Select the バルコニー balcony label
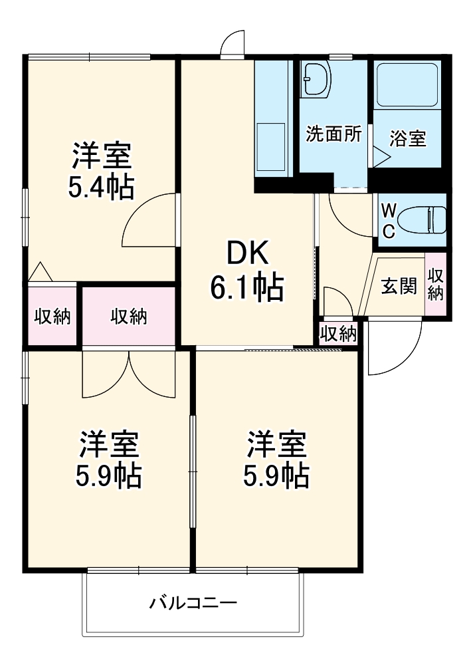pos(193,604)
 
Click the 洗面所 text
pos(333,134)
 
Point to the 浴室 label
pos(407,139)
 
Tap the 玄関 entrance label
pos(399,287)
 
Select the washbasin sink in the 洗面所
pos(316,79)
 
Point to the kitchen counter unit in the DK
pos(274,120)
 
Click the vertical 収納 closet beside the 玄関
pos(435,285)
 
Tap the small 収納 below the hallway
pos(338,333)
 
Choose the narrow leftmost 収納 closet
pos(52,317)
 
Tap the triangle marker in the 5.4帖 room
pos(40,272)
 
